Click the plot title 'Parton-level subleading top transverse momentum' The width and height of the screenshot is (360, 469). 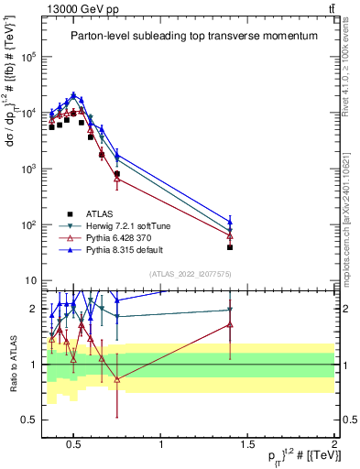[193, 36]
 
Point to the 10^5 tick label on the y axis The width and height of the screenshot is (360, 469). [27, 57]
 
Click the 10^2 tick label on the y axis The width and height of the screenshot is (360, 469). [27, 225]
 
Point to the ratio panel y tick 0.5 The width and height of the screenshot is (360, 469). [27, 420]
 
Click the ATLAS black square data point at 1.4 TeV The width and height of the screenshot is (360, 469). [230, 247]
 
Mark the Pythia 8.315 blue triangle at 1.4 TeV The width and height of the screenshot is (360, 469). [230, 222]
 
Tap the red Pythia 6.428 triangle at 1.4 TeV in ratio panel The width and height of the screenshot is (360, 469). [230, 325]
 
